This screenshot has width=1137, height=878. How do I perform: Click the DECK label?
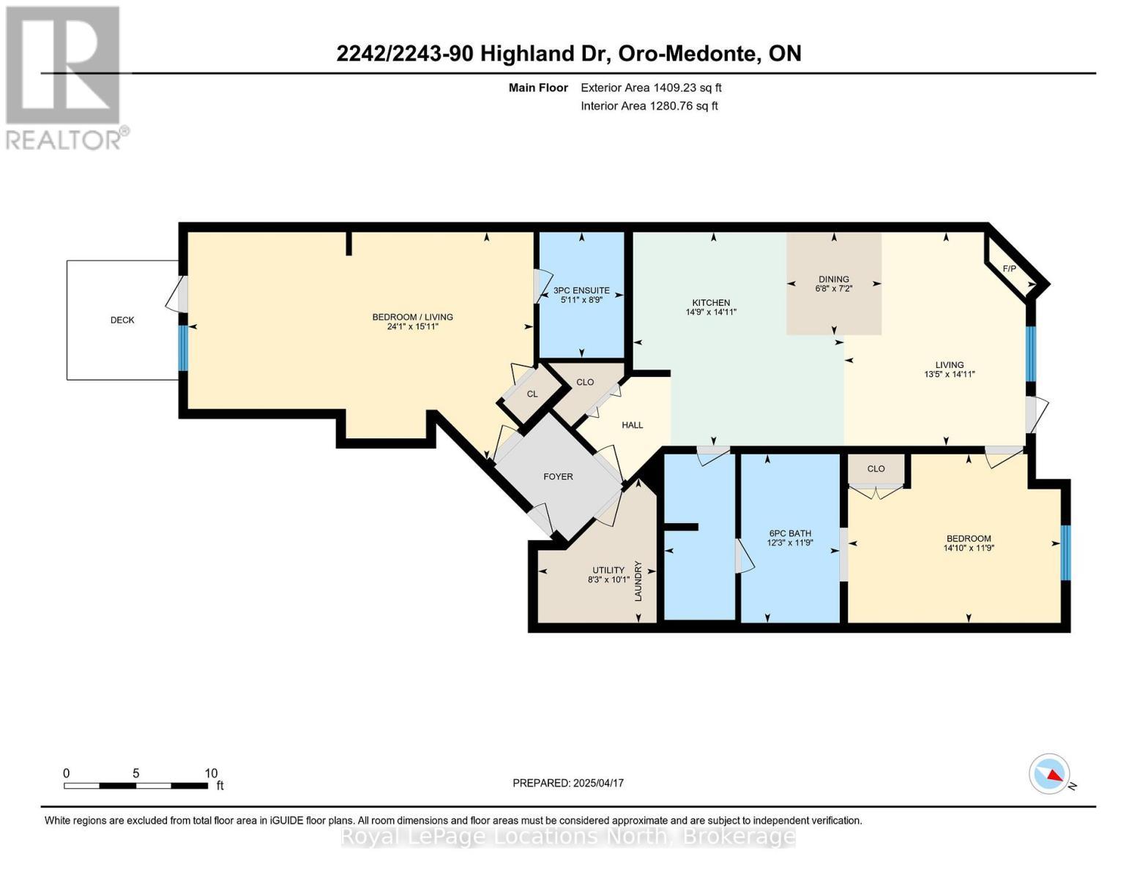[122, 320]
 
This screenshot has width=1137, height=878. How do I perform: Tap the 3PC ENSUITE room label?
[581, 290]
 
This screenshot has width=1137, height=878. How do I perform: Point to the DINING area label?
[833, 279]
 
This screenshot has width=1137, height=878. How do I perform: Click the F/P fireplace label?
[1009, 269]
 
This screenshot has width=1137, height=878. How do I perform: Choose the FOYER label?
[558, 476]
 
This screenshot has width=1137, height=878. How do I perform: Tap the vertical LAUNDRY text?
[638, 581]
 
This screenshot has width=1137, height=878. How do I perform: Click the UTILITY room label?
[608, 570]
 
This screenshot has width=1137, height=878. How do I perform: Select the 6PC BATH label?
[790, 533]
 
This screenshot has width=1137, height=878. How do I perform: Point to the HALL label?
[632, 425]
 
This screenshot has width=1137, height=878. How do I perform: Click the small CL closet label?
[532, 394]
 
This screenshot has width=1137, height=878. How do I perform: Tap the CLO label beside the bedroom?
[876, 469]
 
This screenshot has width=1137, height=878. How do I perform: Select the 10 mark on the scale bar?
[211, 773]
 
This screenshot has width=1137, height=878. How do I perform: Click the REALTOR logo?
[64, 78]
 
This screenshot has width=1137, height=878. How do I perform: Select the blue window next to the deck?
[183, 348]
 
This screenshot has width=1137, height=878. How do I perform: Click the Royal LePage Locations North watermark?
[568, 836]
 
